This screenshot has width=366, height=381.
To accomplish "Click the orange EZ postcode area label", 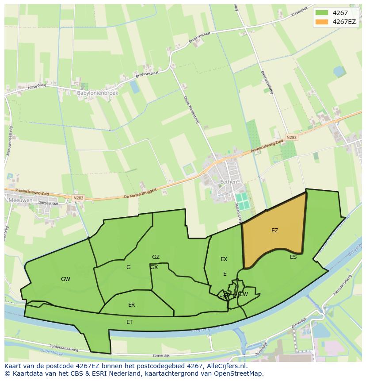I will coord(274,231).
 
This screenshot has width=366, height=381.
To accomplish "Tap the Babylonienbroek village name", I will coord(98,93).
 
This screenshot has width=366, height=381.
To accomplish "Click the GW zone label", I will coord(65,279).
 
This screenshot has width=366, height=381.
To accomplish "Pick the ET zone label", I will coord(130,322).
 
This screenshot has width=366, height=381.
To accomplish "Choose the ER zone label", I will coord(131,305).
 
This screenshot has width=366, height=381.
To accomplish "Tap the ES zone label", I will coord(293,257).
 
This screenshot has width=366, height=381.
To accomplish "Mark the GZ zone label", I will coord(156,257).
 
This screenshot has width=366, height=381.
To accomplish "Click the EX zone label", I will coord(224,259).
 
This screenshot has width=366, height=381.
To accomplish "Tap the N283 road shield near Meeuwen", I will coord(78,198).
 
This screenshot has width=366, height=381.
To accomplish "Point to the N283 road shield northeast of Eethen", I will coord(291,138).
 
